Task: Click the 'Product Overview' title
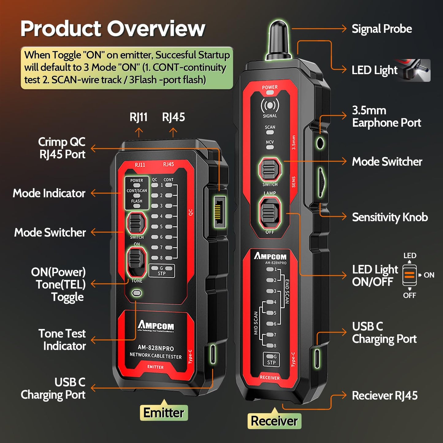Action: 113,29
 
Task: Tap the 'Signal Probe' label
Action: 381,29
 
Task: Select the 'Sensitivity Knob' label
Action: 390,217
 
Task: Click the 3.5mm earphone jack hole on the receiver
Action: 320,143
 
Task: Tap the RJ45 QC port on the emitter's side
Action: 220,212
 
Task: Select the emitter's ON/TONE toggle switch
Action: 136,262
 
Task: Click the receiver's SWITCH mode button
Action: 270,169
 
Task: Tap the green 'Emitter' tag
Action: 164,413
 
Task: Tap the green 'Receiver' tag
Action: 274,421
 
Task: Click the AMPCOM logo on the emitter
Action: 156,325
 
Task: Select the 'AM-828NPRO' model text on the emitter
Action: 156,348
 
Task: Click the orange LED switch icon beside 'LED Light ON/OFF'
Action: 410,275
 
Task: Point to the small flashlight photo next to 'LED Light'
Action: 417,71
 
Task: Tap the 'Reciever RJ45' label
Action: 384,395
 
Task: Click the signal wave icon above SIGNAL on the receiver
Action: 270,106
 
